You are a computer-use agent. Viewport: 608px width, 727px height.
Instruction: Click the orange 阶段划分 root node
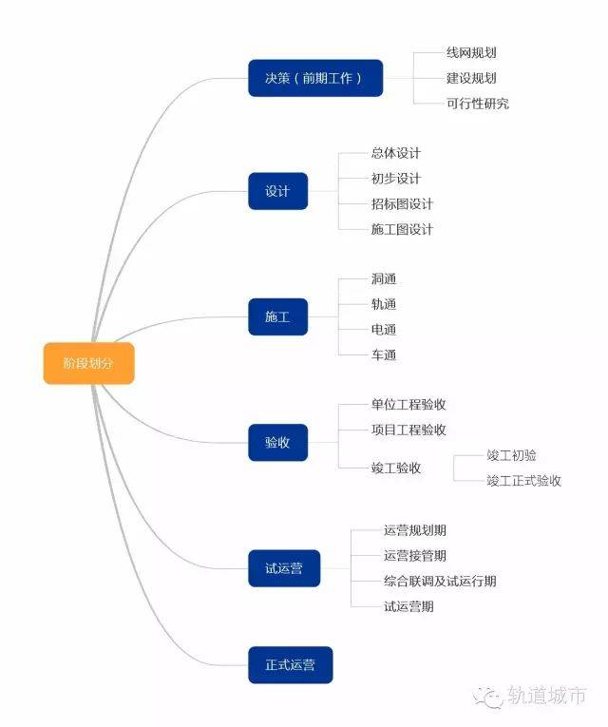tap(89, 363)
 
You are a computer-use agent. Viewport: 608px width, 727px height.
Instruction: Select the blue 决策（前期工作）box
tap(315, 78)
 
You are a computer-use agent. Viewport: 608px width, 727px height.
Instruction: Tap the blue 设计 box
tap(278, 191)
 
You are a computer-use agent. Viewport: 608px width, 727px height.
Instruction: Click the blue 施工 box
tap(278, 316)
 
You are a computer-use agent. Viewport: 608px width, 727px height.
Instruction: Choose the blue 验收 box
tap(278, 442)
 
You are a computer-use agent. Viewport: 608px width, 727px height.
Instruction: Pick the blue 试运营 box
tap(284, 568)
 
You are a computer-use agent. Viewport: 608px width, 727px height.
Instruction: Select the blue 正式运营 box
tap(291, 665)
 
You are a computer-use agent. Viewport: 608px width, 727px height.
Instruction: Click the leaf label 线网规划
tap(471, 53)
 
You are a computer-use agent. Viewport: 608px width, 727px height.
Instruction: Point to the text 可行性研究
tap(478, 104)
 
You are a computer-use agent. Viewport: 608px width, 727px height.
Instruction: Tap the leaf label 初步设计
tap(396, 179)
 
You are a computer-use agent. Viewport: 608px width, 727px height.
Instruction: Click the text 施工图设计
tap(402, 229)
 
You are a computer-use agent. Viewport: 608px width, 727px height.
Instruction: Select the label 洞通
tap(384, 279)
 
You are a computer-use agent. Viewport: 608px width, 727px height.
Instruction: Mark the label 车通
tap(384, 355)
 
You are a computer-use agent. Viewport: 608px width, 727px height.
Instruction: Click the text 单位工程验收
tap(408, 404)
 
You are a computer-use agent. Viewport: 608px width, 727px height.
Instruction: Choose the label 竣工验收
tap(396, 468)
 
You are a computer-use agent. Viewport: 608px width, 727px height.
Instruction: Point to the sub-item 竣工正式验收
tap(524, 480)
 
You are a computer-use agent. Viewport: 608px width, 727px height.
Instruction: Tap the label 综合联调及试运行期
tap(440, 581)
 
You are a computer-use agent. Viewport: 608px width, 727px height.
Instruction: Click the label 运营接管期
tap(415, 555)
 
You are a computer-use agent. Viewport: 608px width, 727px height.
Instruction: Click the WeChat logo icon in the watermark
tap(488, 697)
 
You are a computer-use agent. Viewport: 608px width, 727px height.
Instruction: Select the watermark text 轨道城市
tap(547, 696)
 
